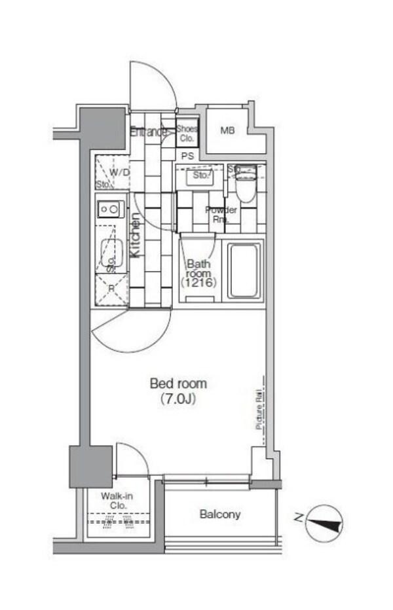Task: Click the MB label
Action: coord(227,131)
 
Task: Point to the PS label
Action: coord(187,156)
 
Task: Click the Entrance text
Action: coord(148,132)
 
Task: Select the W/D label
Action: coord(119,172)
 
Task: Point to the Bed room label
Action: coord(178,383)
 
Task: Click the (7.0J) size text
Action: coord(178,398)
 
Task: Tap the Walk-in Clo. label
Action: coord(117,501)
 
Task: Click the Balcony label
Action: coord(220,514)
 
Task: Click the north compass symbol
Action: coord(324,522)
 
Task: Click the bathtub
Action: coord(244,271)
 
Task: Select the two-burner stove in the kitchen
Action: coord(111,209)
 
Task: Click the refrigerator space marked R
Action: coord(111,289)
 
